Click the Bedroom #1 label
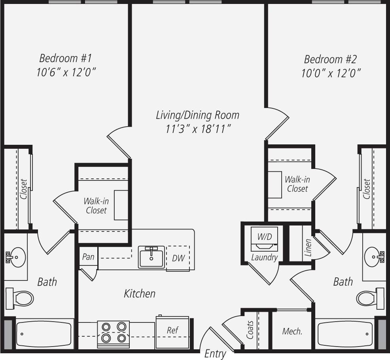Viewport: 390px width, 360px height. click(65, 59)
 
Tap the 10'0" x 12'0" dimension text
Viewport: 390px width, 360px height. click(330, 74)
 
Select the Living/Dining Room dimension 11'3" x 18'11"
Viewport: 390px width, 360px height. click(198, 129)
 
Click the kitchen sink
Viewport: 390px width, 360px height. click(151, 257)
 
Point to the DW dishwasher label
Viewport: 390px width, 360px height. click(178, 258)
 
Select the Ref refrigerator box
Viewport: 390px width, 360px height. click(172, 332)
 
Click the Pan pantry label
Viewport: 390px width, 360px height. click(88, 257)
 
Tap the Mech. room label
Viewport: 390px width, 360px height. click(292, 332)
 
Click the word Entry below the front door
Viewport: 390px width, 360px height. click(215, 354)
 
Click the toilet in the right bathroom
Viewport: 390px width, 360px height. click(369, 297)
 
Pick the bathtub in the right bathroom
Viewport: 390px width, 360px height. click(345, 333)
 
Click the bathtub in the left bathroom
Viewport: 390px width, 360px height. click(44, 333)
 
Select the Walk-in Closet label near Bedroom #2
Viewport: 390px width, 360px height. click(297, 184)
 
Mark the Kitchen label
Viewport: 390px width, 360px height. click(140, 294)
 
